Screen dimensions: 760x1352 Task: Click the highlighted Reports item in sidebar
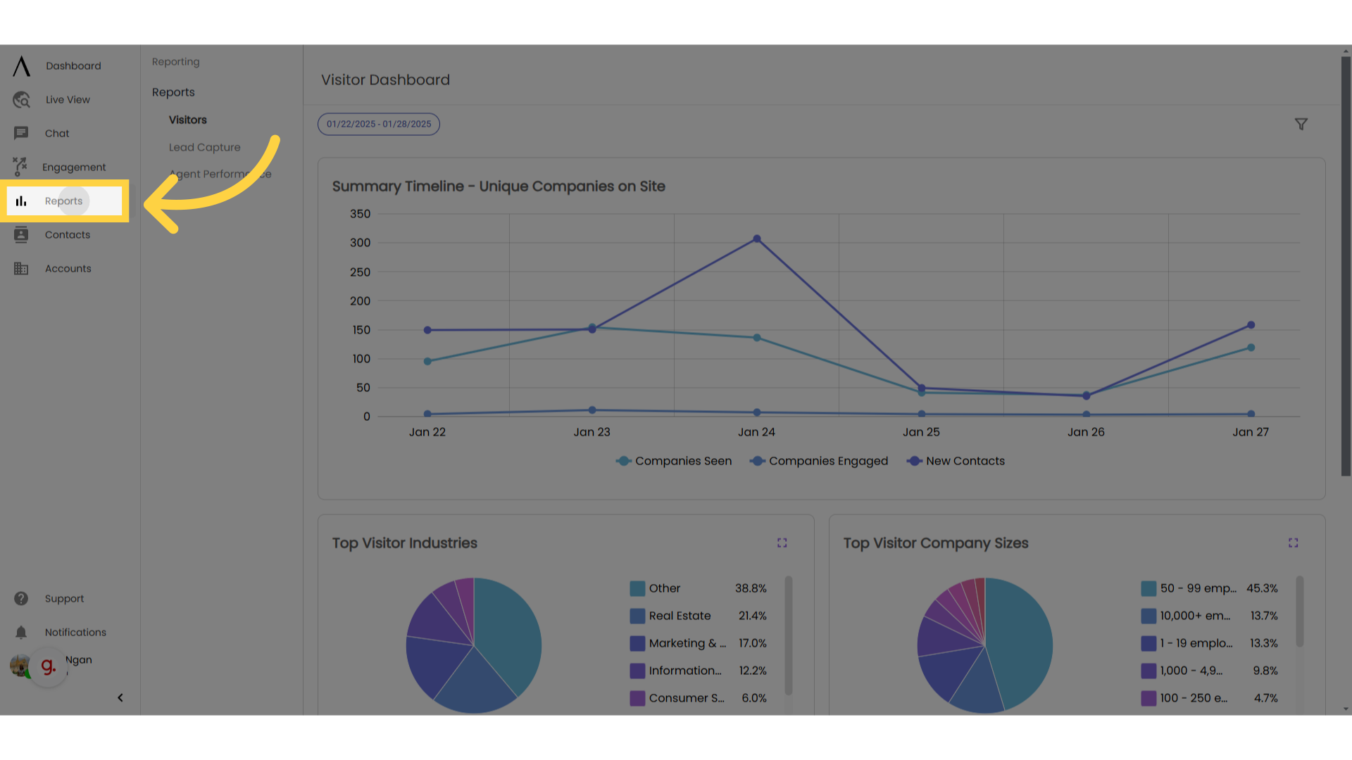point(63,201)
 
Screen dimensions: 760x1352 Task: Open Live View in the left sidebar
point(67,100)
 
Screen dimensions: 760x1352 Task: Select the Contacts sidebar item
point(67,235)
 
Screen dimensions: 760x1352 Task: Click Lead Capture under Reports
point(204,147)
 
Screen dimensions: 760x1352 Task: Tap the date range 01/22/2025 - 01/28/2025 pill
point(379,125)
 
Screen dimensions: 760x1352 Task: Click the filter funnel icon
point(1301,125)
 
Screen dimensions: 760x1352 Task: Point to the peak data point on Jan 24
point(757,239)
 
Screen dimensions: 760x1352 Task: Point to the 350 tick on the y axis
point(360,214)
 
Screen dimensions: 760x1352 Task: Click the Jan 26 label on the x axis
point(1086,432)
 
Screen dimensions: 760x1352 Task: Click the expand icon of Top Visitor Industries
point(782,543)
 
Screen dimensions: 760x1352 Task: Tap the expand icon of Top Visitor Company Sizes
point(1293,543)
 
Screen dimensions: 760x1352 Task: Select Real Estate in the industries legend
point(679,616)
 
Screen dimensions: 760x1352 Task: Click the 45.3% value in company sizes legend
point(1262,588)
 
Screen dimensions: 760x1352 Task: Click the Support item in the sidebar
point(63,599)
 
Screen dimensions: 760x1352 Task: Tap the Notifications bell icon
point(21,633)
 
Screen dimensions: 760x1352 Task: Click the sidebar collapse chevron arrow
point(120,698)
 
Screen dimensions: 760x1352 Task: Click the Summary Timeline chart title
point(499,186)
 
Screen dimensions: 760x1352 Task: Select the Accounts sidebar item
point(68,269)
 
